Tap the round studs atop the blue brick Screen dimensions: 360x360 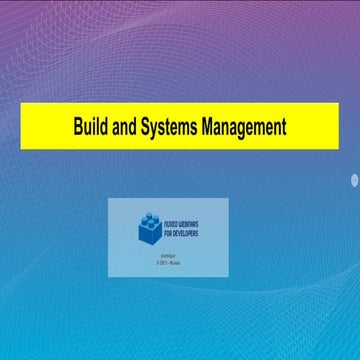pyautogui.click(x=150, y=216)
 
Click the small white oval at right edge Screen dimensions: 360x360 pyautogui.click(x=354, y=180)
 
